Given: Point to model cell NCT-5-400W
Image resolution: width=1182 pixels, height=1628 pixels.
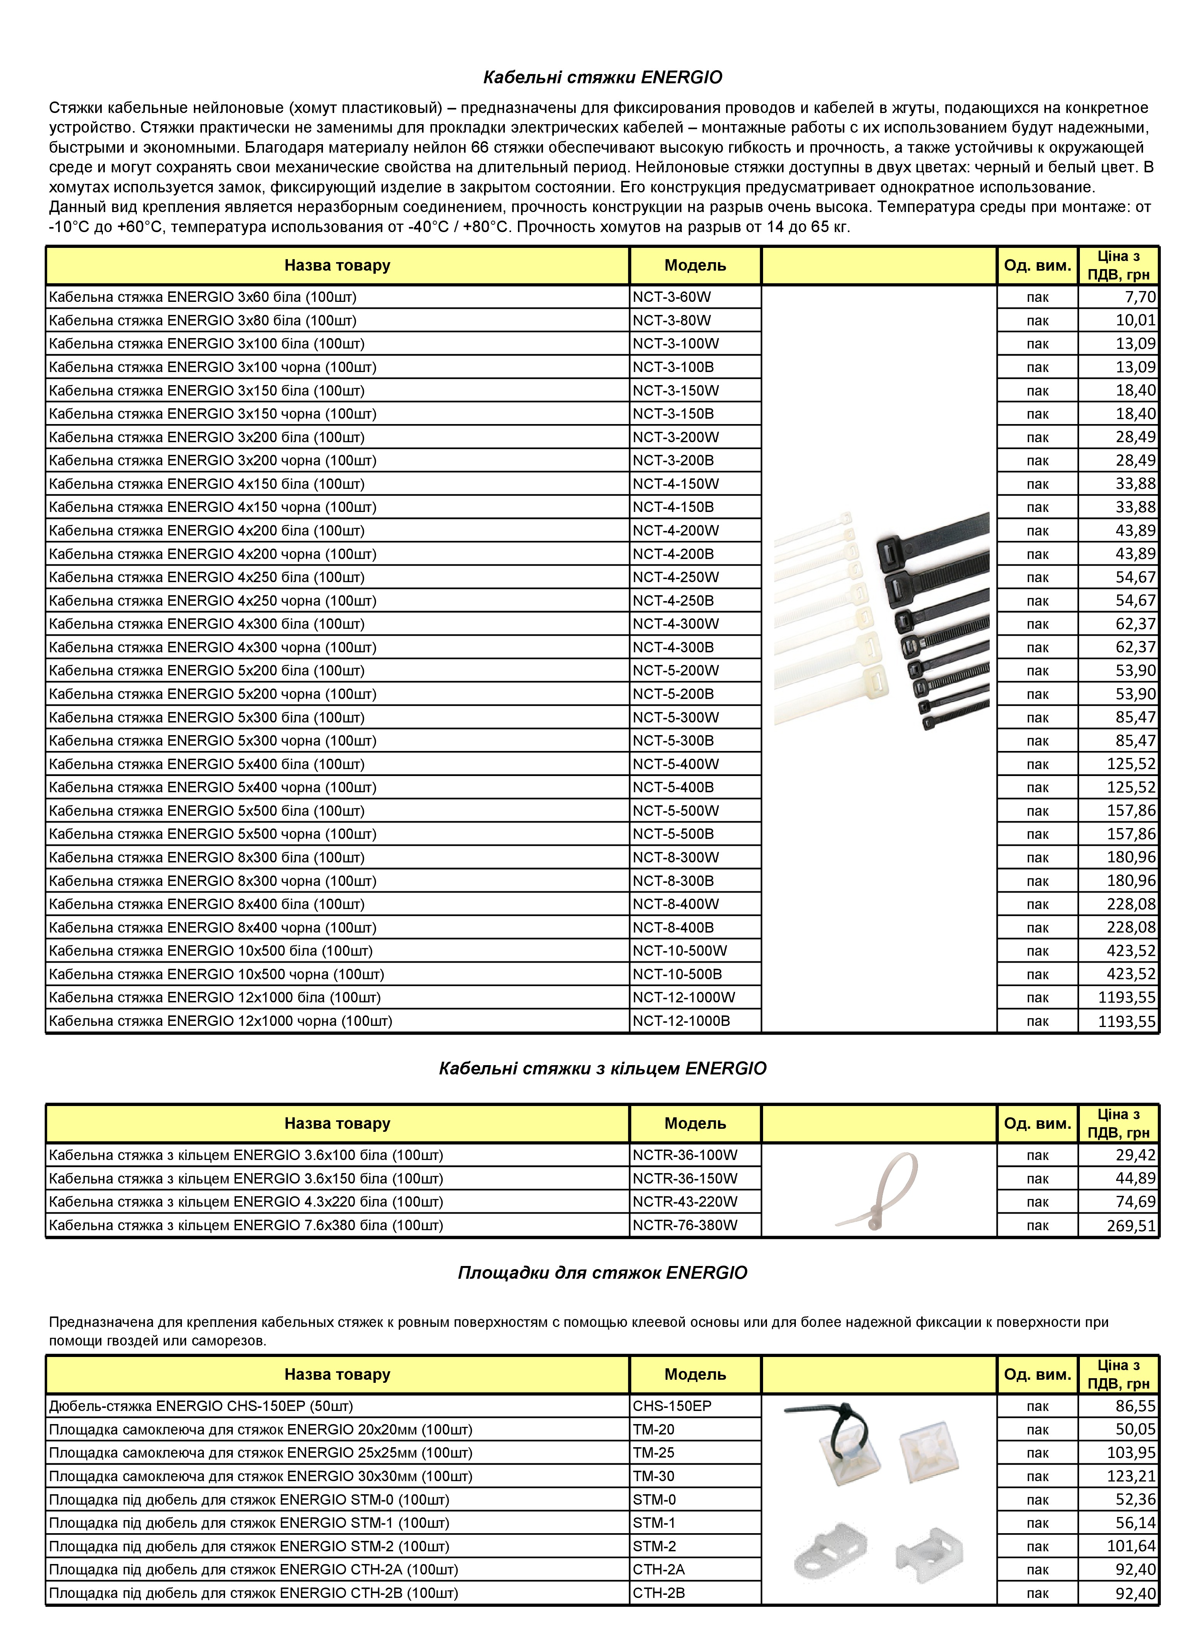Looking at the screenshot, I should coord(675,764).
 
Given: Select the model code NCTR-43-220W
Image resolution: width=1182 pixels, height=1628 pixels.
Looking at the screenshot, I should coord(685,1202).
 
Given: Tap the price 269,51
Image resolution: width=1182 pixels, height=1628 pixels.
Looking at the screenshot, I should coord(1131,1225).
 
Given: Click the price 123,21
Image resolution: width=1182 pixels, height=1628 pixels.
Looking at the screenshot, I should coord(1131,1476).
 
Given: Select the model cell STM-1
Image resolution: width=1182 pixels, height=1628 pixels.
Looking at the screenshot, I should coord(654,1522).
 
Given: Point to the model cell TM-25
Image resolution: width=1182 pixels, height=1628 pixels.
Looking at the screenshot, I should coord(653,1452).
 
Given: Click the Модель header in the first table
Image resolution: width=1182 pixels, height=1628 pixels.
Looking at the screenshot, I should coord(695,266).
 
